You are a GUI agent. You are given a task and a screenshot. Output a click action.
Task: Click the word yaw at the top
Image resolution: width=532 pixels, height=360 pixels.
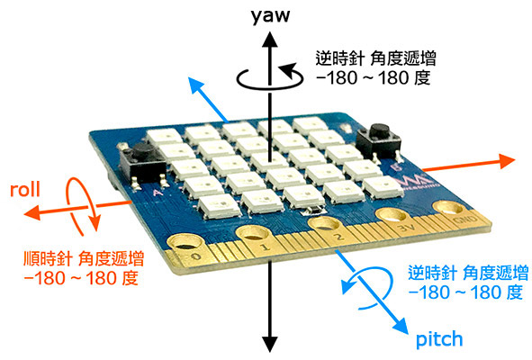pos(270,16)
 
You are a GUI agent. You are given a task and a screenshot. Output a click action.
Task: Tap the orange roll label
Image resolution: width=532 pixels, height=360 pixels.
pos(25,189)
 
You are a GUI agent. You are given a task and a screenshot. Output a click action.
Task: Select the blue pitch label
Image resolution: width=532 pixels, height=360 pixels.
pos(439,339)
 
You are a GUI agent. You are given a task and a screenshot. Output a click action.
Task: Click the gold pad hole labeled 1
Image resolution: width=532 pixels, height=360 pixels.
pos(254,234)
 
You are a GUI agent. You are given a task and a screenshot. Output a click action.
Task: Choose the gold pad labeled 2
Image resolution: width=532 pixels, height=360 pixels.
pos(325,223)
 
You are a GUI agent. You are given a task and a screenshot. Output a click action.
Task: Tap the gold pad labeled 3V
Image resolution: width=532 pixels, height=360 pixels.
pos(392,215)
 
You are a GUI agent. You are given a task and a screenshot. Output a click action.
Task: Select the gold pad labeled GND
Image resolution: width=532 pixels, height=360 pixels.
pos(450,207)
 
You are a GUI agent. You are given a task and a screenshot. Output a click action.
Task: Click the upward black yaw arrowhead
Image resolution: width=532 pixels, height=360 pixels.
pos(270,38)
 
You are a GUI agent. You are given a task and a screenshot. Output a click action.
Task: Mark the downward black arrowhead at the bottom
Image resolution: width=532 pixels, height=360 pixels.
pos(270,344)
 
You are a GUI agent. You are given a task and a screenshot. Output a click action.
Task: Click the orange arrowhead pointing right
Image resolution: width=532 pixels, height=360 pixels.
pos(507,161)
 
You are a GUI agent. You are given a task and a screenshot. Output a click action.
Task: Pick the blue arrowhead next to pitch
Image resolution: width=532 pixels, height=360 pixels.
pos(400,325)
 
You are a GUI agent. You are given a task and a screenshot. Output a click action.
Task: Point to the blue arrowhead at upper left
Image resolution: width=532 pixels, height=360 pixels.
pos(196,85)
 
